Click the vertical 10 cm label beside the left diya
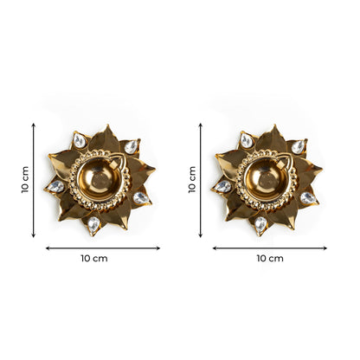[x=25, y=180]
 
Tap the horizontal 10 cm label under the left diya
[x=94, y=259]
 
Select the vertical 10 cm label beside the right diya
[x=192, y=180]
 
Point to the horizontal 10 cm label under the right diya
[x=270, y=259]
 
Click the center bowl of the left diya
[x=97, y=180]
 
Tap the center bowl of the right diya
[x=264, y=180]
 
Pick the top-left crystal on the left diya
[x=80, y=140]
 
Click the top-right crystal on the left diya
[x=131, y=147]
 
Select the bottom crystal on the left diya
[x=93, y=225]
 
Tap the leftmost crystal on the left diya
[x=56, y=186]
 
